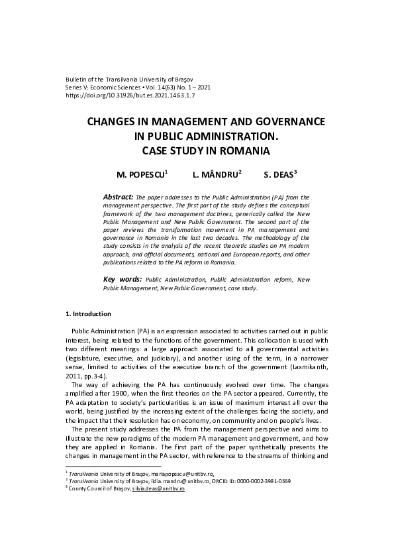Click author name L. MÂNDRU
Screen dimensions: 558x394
(x=215, y=176)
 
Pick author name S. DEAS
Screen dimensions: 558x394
(x=278, y=176)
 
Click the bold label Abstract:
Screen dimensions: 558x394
(x=119, y=197)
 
